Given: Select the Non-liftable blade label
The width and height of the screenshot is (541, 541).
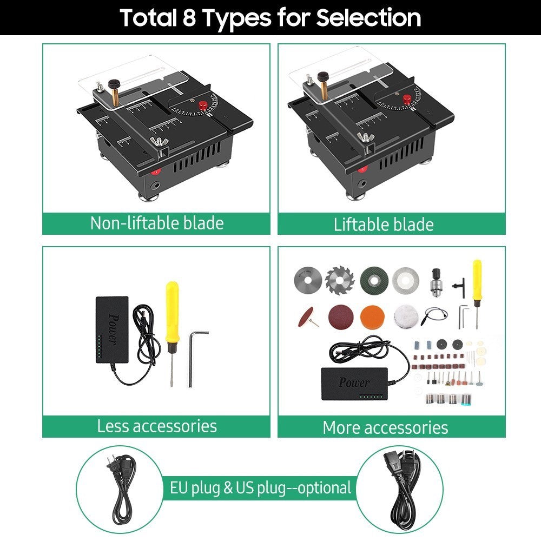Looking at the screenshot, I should pyautogui.click(x=156, y=223).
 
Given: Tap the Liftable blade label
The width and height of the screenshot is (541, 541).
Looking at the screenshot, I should pyautogui.click(x=383, y=224).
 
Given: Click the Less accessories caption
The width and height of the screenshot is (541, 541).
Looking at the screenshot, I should pyautogui.click(x=156, y=426).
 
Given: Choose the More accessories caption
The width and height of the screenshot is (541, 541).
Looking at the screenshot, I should pyautogui.click(x=385, y=427).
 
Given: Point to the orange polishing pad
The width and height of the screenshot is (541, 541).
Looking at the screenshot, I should pyautogui.click(x=371, y=315).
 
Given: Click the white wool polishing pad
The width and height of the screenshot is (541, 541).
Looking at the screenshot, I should pyautogui.click(x=404, y=316).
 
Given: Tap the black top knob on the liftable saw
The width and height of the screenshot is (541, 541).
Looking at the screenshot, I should pyautogui.click(x=324, y=77).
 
